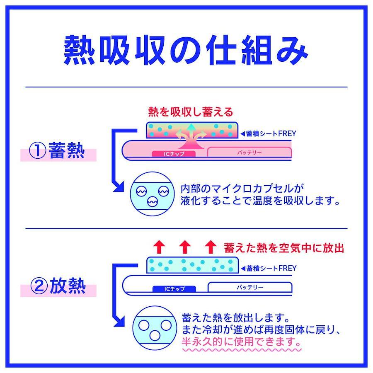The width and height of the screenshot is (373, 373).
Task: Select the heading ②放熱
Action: tap(58, 286)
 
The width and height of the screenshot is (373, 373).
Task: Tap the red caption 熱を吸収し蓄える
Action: tap(191, 112)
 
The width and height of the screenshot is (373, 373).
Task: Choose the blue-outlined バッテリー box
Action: tap(249, 287)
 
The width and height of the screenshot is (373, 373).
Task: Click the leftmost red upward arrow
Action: tap(160, 247)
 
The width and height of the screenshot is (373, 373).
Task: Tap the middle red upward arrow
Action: tap(185, 247)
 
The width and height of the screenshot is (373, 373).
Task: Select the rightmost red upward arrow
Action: tap(211, 247)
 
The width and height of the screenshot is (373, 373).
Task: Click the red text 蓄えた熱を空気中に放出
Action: tap(284, 248)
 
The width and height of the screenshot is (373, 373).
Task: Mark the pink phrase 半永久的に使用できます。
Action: tap(241, 342)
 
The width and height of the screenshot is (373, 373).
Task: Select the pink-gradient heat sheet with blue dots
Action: tap(192, 130)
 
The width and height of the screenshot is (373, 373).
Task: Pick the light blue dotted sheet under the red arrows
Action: tap(192, 264)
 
